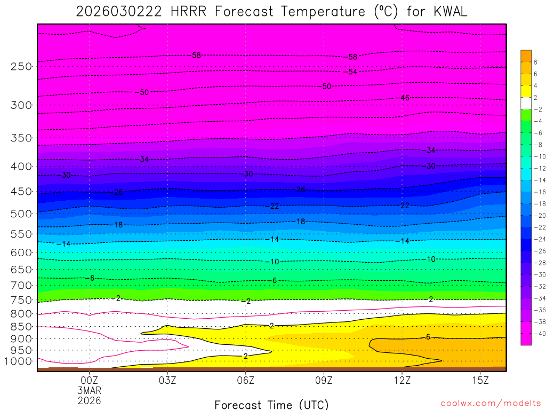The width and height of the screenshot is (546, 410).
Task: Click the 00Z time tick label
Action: pyautogui.click(x=89, y=380)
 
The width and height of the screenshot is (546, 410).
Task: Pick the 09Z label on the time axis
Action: pyautogui.click(x=324, y=380)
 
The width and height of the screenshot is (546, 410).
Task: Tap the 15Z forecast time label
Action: pyautogui.click(x=480, y=380)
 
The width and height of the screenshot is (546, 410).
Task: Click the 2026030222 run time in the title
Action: pyautogui.click(x=119, y=11)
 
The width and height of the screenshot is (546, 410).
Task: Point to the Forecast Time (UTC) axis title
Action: pyautogui.click(x=271, y=404)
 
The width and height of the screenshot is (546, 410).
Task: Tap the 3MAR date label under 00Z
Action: pyautogui.click(x=89, y=390)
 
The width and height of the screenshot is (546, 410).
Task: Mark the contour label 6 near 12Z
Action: pyautogui.click(x=428, y=337)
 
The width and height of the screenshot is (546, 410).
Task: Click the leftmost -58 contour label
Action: pyautogui.click(x=196, y=56)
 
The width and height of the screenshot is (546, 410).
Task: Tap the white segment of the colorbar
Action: pyautogui.click(x=526, y=103)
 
